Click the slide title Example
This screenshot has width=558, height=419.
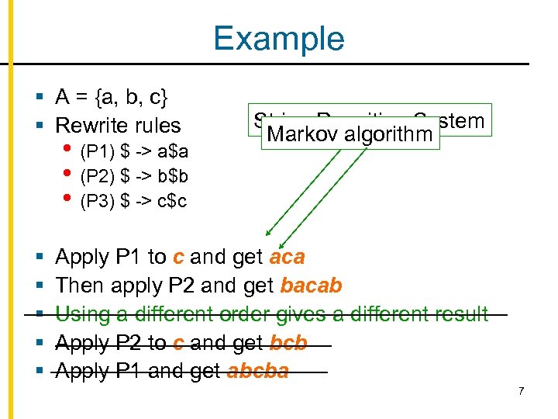click(279, 38)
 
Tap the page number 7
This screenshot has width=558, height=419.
click(522, 390)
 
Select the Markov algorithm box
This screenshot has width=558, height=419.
click(349, 134)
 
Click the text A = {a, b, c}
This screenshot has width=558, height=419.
click(112, 97)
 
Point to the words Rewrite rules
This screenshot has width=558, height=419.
click(118, 125)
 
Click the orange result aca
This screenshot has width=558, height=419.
click(286, 257)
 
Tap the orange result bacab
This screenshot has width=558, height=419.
click(311, 286)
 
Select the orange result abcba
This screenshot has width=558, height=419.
click(257, 371)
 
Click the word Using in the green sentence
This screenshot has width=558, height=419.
click(81, 314)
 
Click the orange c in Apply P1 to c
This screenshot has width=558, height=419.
click(177, 257)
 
